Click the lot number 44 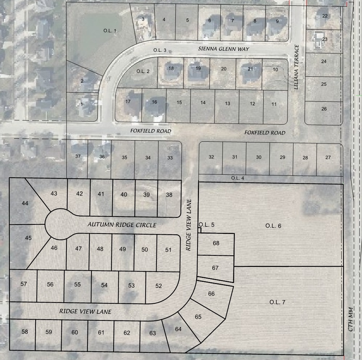click(25, 203)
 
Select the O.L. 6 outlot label click(273, 226)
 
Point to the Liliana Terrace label click(297, 67)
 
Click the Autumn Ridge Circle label click(122, 225)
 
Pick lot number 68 click(216, 243)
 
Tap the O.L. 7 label click(278, 302)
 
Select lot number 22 click(325, 16)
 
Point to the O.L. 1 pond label click(110, 31)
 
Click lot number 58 click(25, 332)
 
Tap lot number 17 click(127, 102)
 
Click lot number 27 click(328, 157)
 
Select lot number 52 click(158, 286)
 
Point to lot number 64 click(178, 329)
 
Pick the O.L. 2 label click(143, 71)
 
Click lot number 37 click(78, 156)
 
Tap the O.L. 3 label click(160, 50)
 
